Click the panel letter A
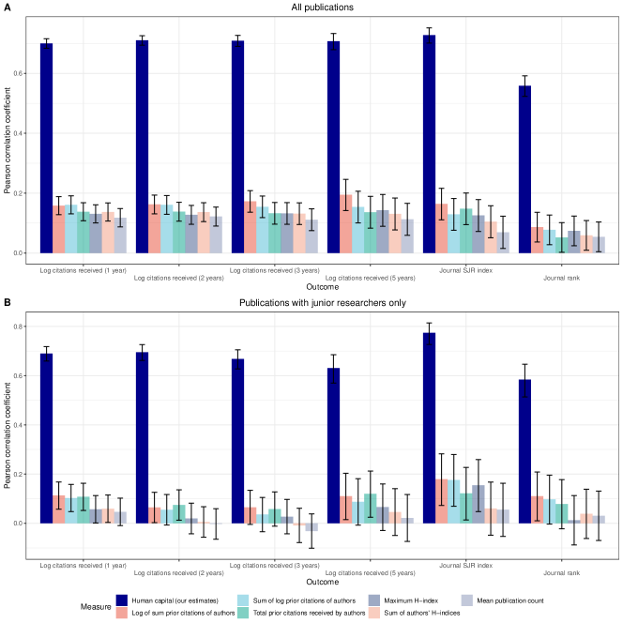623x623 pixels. [8, 7]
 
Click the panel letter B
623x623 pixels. [8, 303]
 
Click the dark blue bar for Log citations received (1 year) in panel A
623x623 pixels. [46, 148]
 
